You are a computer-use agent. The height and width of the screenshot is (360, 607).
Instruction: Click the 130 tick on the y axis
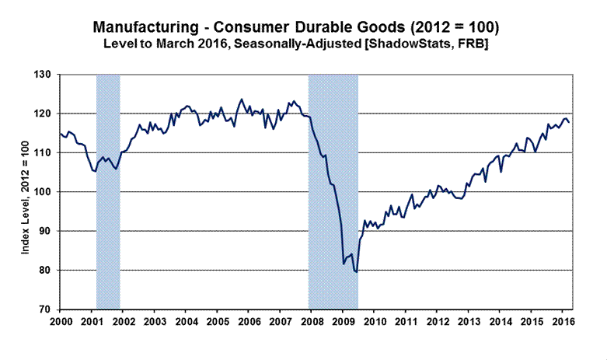coord(44,75)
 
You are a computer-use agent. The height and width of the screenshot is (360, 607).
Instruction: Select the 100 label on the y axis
coord(44,192)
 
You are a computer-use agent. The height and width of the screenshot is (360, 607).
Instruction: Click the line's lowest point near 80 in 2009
coord(356,272)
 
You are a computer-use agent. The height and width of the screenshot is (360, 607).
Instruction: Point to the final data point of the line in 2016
coord(568,122)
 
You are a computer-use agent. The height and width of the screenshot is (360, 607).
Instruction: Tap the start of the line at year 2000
coord(60,134)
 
